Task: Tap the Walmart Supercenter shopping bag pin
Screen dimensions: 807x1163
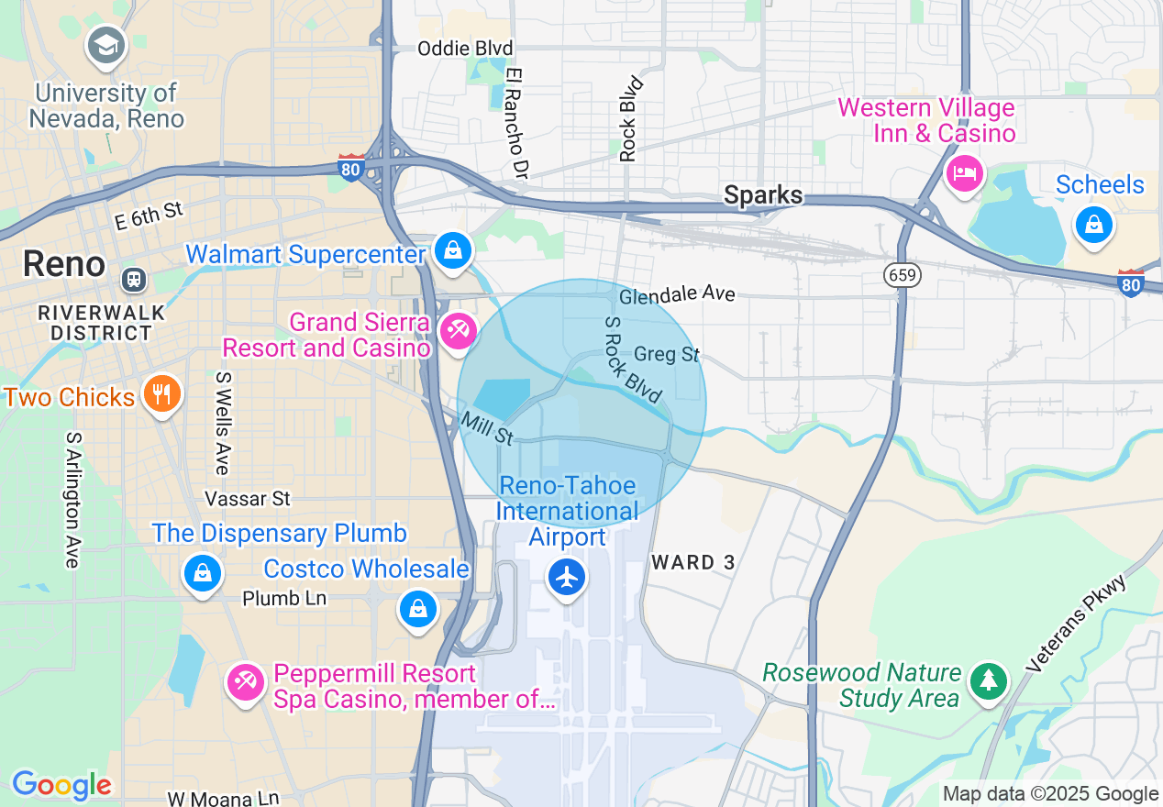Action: point(452,249)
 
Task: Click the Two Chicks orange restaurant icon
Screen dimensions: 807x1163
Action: point(162,394)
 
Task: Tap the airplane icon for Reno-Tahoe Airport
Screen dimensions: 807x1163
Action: point(568,577)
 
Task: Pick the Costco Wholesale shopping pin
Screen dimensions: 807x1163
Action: point(418,608)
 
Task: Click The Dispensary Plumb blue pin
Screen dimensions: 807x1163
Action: point(203,573)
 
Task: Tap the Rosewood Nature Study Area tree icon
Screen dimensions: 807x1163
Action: point(988,680)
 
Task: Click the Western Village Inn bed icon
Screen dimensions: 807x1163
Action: point(964,172)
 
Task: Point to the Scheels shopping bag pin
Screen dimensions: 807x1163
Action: point(1093,224)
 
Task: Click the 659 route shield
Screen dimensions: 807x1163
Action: point(903,274)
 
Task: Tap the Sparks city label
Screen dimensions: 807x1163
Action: point(763,195)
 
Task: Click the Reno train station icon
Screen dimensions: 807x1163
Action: point(135,278)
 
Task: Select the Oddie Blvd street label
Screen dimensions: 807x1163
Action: point(465,49)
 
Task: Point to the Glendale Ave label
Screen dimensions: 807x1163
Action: point(677,295)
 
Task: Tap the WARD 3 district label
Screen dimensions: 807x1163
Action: point(693,562)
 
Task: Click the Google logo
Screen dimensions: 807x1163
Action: point(61,785)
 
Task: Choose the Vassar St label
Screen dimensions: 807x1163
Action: point(248,499)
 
